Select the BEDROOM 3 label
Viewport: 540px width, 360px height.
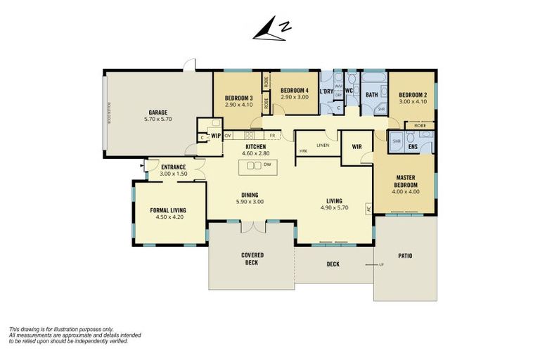[238, 97]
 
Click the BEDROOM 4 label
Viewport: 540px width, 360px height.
[294, 91]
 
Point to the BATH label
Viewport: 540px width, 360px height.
[371, 94]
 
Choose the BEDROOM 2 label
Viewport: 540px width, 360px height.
[413, 95]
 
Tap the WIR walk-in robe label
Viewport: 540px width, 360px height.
[356, 147]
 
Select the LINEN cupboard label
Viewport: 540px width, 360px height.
[323, 146]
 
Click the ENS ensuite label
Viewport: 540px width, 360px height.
[413, 147]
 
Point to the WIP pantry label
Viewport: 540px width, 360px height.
[216, 135]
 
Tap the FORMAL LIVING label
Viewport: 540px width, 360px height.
[167, 210]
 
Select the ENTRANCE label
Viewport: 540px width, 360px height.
[172, 167]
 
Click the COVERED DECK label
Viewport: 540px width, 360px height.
[251, 259]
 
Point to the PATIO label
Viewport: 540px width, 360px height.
[404, 255]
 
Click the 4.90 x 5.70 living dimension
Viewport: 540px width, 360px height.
[334, 208]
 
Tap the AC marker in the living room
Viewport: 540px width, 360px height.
[368, 208]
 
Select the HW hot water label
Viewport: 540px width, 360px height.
[302, 151]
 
